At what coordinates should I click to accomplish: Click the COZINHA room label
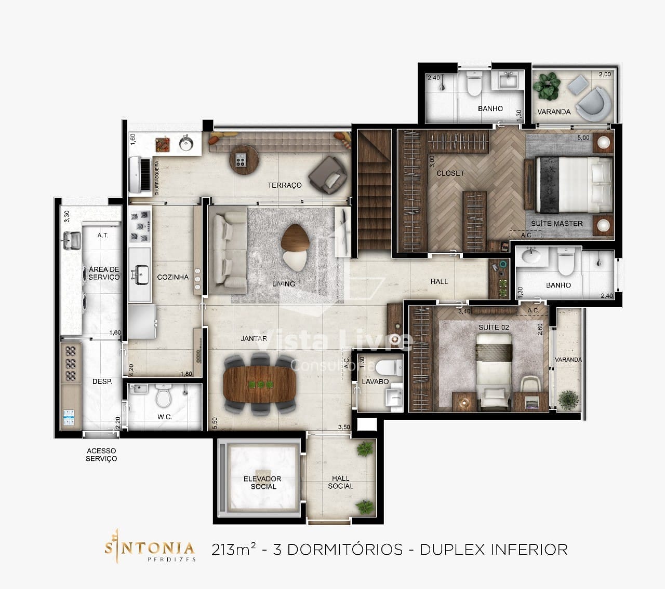click(x=172, y=277)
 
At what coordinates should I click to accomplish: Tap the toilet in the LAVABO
click(x=385, y=367)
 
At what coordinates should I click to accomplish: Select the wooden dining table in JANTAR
click(x=260, y=384)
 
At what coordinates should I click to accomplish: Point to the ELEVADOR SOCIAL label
click(x=262, y=483)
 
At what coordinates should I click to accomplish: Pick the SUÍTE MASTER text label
click(x=556, y=224)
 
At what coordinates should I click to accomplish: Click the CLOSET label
click(x=450, y=173)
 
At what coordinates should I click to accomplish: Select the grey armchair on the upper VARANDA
click(x=595, y=102)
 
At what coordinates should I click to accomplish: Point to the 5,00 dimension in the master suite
click(x=583, y=138)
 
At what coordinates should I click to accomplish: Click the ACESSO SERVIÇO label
click(x=101, y=455)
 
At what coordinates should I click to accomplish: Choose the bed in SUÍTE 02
click(x=494, y=368)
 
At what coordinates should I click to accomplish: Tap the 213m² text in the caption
click(x=234, y=549)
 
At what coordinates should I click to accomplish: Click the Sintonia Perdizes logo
click(x=150, y=549)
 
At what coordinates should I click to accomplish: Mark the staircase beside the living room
click(x=374, y=192)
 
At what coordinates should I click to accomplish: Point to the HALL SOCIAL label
click(x=340, y=482)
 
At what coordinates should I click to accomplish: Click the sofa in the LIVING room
click(x=227, y=249)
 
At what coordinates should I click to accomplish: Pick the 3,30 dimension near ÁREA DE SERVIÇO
click(x=66, y=216)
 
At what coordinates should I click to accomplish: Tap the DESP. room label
click(x=102, y=381)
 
